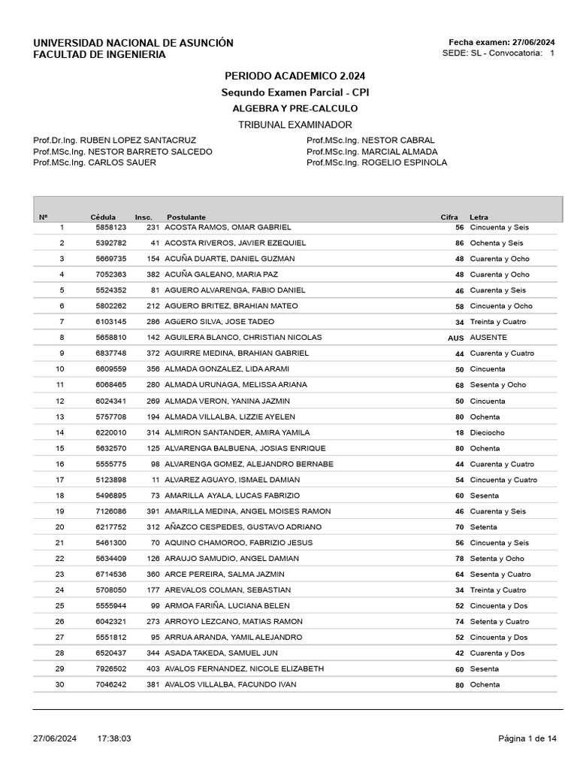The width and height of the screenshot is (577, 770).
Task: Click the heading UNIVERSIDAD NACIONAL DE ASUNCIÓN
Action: (x=133, y=43)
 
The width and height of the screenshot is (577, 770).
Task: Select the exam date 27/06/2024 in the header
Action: (x=533, y=42)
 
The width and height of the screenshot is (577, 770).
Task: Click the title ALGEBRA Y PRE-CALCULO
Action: (x=295, y=108)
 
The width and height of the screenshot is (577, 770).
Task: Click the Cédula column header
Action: (x=103, y=217)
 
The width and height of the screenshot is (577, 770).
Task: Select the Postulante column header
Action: (x=186, y=217)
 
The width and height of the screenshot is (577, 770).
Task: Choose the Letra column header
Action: (x=479, y=217)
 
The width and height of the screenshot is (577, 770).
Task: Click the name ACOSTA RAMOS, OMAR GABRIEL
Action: (x=228, y=227)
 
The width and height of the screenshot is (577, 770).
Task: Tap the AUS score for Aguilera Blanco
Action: (x=455, y=338)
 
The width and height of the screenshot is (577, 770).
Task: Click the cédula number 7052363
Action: (x=110, y=274)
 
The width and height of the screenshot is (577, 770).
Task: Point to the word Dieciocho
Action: (x=487, y=432)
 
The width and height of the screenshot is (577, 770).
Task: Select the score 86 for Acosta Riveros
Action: (x=459, y=243)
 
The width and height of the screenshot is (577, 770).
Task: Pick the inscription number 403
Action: (x=153, y=668)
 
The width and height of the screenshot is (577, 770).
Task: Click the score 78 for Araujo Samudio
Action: (x=459, y=559)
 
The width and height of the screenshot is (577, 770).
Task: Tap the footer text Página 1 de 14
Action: (x=528, y=739)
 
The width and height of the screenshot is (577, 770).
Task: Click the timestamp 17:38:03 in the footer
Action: (x=114, y=739)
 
